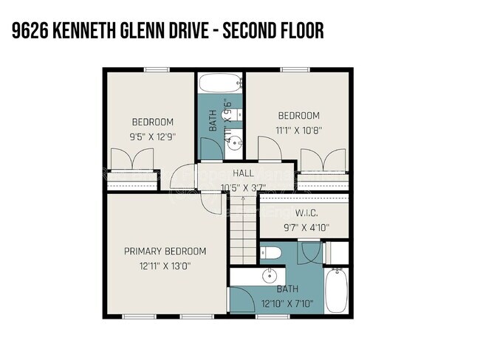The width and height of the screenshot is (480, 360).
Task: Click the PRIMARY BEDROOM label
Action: [x=165, y=251]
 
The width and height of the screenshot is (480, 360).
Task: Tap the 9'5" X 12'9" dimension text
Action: [x=152, y=136]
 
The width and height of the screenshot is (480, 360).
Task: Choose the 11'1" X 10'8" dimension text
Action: [x=298, y=130]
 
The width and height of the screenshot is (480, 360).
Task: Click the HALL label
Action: [x=243, y=173]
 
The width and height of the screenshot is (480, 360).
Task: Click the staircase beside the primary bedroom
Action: [x=242, y=233]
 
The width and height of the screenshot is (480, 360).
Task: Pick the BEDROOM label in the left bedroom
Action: [x=152, y=122]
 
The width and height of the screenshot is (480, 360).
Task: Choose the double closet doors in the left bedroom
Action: [x=125, y=159]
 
